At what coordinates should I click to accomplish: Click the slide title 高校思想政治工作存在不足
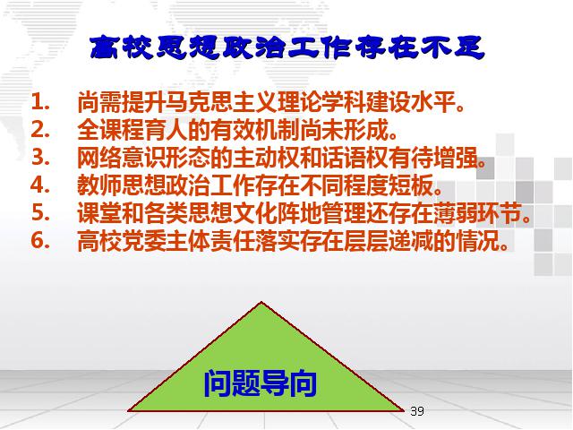click(x=287, y=47)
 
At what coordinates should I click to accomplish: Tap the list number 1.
click(x=40, y=102)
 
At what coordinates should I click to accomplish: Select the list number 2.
click(x=40, y=129)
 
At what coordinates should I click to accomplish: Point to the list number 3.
click(x=40, y=157)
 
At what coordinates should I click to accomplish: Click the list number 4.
click(x=40, y=185)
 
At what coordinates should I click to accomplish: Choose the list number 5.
click(x=40, y=212)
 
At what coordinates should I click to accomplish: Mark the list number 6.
click(x=40, y=240)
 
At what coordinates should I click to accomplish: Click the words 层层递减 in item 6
click(x=388, y=240)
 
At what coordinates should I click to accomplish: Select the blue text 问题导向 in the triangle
click(x=260, y=383)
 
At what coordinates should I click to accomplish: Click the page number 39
click(x=417, y=411)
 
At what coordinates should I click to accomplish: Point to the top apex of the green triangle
click(x=261, y=302)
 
